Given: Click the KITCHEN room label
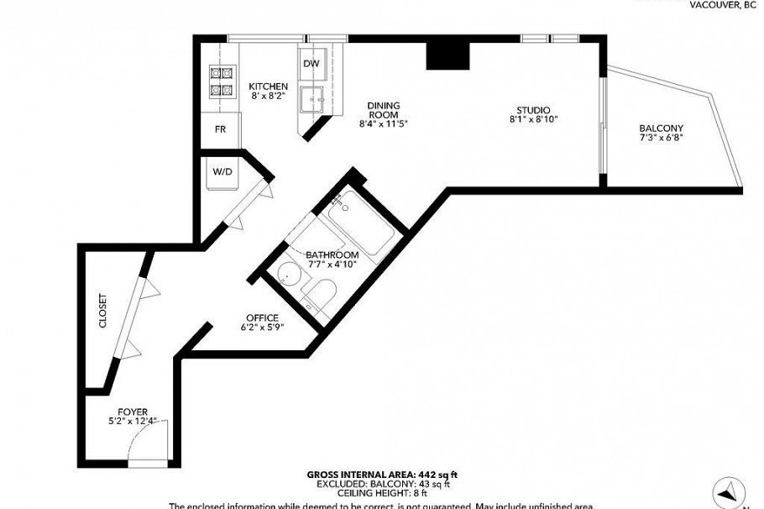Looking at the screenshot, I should pos(268,87).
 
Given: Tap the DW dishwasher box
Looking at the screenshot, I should pos(311,64).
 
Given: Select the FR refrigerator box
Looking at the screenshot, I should pos(220,129).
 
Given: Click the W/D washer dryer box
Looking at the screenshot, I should pos(222,171).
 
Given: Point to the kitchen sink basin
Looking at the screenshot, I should pos(317,98).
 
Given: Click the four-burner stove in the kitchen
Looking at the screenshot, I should pos(221,81).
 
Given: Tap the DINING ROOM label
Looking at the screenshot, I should pos(383,110).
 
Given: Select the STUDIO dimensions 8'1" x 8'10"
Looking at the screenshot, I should pos(533,120).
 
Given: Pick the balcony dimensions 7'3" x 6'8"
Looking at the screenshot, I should pos(661,138).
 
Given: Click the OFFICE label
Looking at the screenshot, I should pos(262,317).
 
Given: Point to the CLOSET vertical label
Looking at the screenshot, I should pos(103,311).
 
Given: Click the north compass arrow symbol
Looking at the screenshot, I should pos(729,491).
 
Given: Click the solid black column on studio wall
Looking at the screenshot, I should pos(447,55).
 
